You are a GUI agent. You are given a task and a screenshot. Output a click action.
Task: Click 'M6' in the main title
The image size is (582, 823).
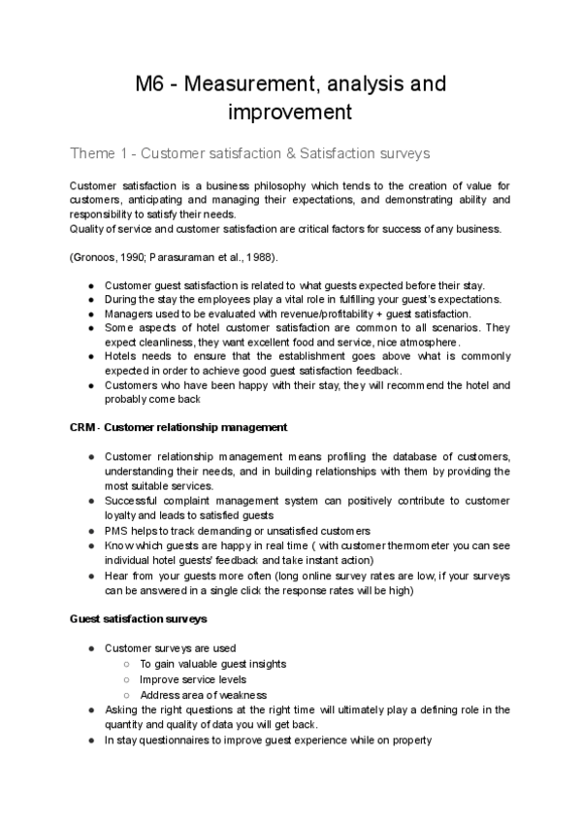click(152, 84)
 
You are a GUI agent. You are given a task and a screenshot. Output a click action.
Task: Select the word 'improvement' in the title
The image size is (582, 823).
click(290, 113)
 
